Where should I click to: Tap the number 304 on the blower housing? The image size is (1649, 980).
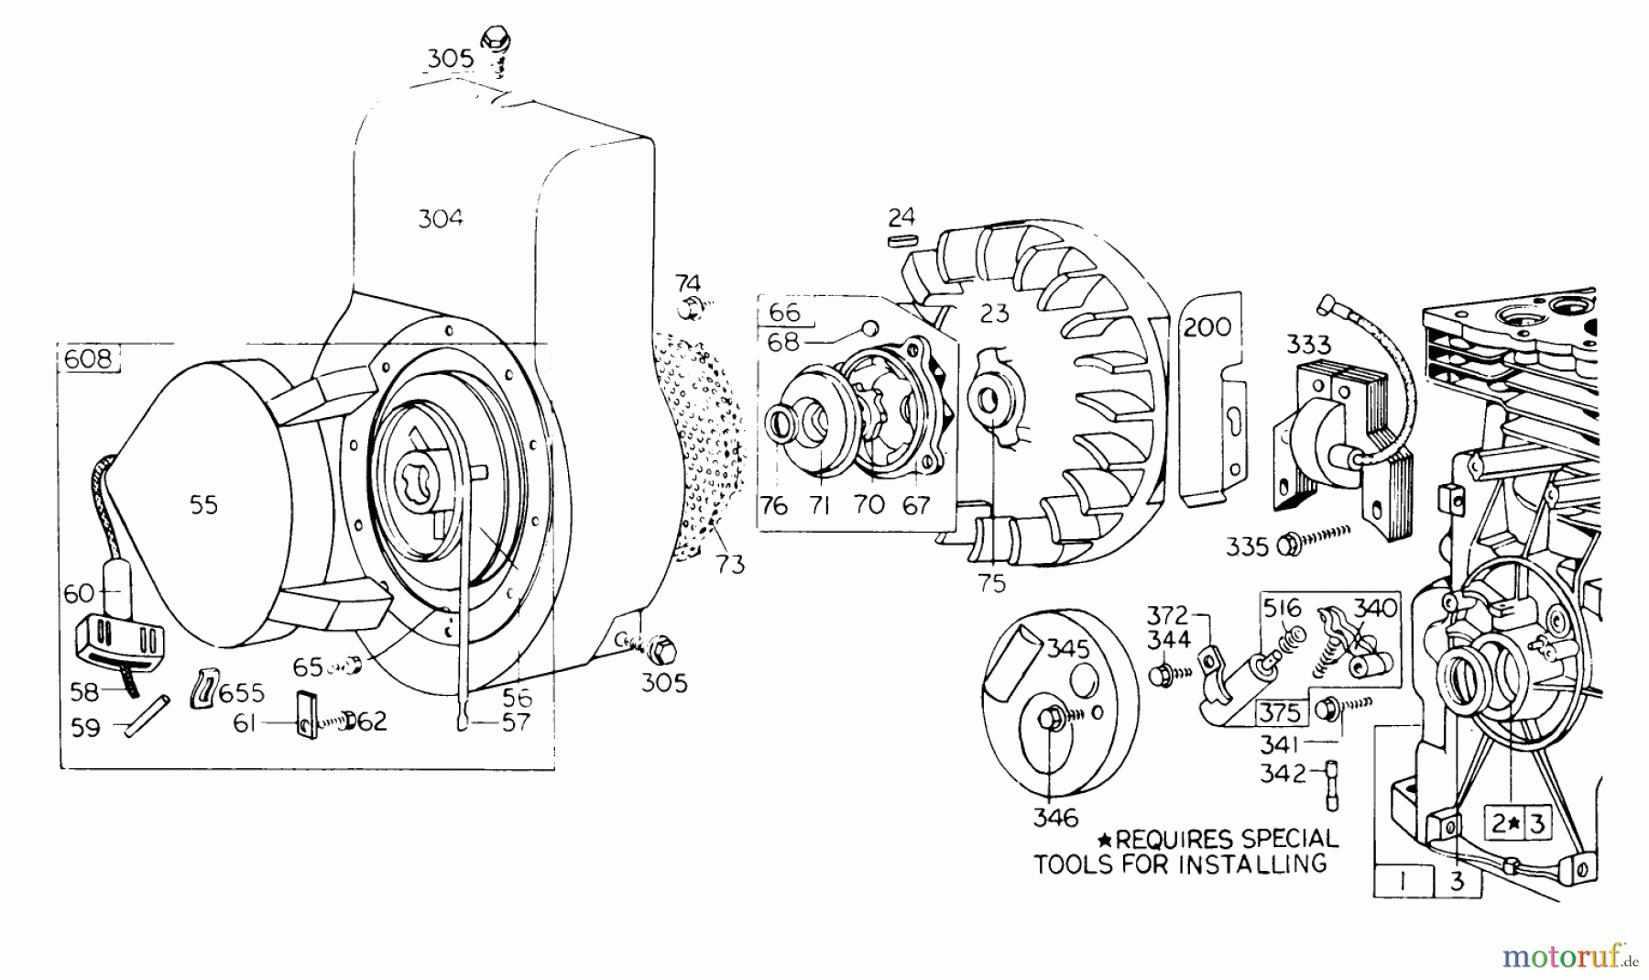[441, 218]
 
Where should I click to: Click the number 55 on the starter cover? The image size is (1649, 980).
[203, 505]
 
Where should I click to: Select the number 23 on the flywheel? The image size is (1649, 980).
[994, 314]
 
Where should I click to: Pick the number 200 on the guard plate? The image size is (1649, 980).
[1207, 327]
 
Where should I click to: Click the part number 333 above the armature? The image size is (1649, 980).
[1308, 345]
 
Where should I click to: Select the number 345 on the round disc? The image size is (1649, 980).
[1069, 649]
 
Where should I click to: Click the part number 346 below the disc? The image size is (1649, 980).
[1055, 817]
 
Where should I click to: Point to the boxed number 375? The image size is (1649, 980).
[1279, 711]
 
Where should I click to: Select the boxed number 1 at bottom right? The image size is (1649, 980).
[1402, 882]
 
